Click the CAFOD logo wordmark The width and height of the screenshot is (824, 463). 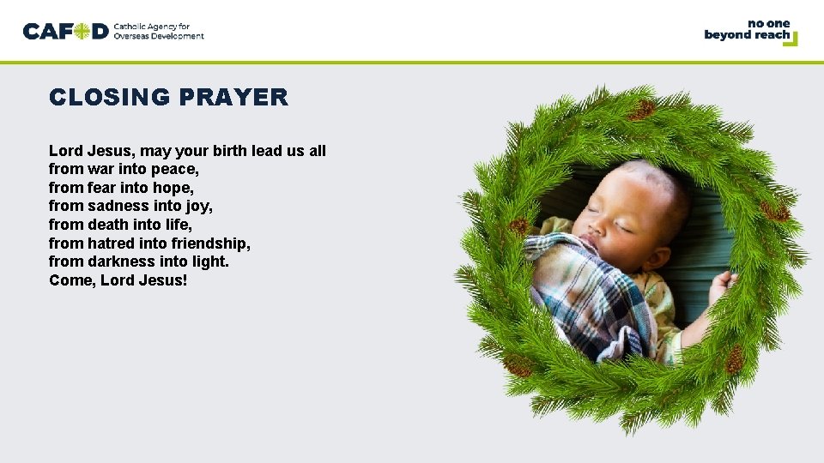[66, 32]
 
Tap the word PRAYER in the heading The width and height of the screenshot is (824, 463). [233, 98]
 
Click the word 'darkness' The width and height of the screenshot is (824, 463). [123, 262]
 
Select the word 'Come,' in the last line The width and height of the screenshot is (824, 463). [72, 280]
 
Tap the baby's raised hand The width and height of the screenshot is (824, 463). [723, 284]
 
